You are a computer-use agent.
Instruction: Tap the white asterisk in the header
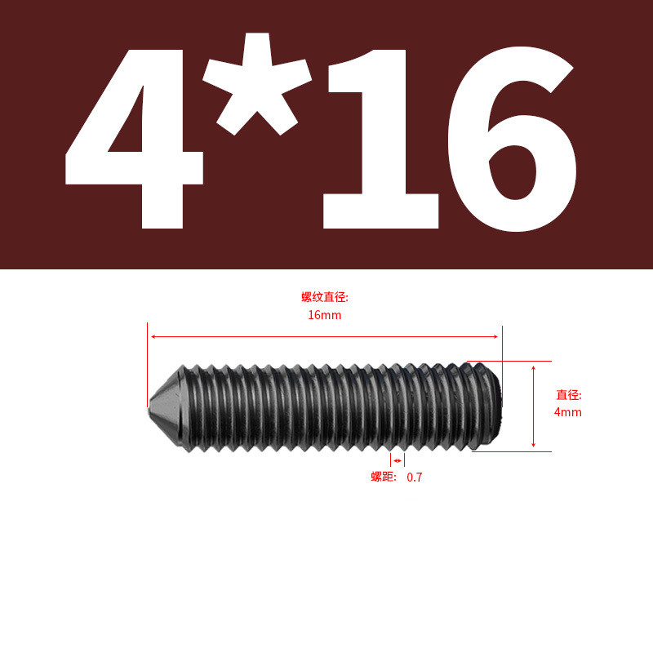257,83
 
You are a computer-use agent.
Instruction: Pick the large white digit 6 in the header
512,139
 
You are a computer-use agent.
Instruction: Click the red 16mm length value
324,315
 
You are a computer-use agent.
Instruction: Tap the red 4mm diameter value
567,412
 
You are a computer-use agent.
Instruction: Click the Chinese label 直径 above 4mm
567,395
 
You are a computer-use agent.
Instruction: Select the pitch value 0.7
415,478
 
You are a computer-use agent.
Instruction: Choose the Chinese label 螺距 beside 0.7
382,477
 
